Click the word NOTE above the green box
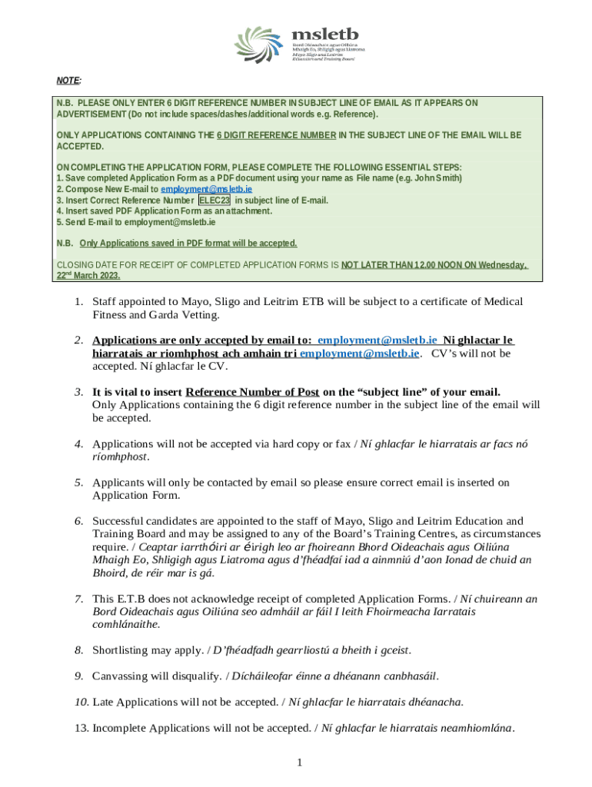pyautogui.click(x=68, y=81)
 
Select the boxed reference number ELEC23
pyautogui.click(x=215, y=200)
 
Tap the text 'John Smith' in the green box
pyautogui.click(x=439, y=178)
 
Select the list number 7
pyautogui.click(x=78, y=598)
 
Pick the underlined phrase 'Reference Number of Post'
pyautogui.click(x=252, y=391)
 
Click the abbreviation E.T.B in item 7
pyautogui.click(x=131, y=598)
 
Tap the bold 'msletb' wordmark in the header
pyautogui.click(x=324, y=34)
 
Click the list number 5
pyautogui.click(x=78, y=483)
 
